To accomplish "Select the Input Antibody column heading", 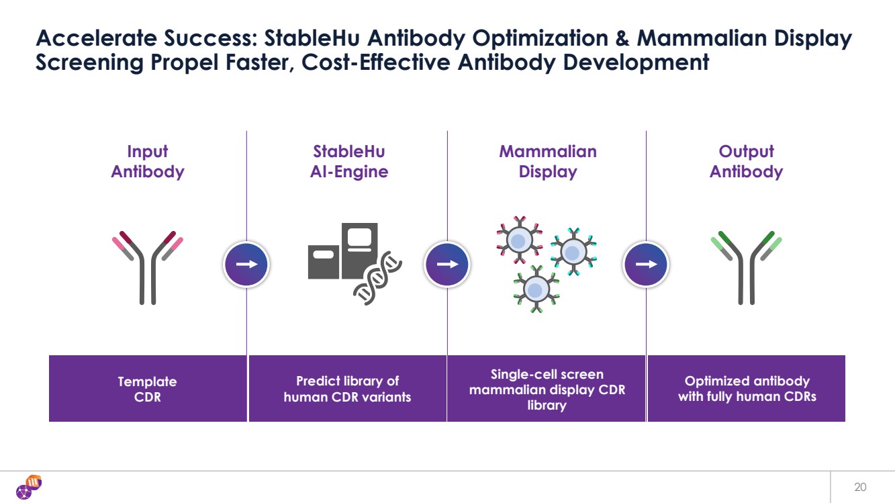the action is tap(148, 161).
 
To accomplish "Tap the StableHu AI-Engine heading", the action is tap(349, 161).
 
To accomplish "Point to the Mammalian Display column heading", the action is tap(548, 161).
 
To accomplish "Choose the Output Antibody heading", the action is tap(746, 161).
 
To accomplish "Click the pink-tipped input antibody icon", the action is tap(148, 268).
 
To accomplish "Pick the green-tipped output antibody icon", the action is tap(747, 268).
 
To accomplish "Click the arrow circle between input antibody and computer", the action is tap(246, 264).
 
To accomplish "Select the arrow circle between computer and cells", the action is tap(447, 264).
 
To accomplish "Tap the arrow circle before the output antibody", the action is tap(646, 264).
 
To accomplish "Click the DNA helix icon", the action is tap(377, 279).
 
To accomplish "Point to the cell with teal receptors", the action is tap(573, 252).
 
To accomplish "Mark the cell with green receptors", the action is tap(536, 289).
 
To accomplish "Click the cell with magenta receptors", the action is tap(520, 240).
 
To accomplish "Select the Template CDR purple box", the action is tap(148, 388).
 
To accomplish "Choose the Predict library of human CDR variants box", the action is tap(348, 388).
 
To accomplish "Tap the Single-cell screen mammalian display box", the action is tap(546, 388).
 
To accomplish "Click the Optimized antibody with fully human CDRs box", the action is tap(747, 388).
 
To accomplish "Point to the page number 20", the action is tap(860, 487).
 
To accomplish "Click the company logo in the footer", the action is tap(29, 487).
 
